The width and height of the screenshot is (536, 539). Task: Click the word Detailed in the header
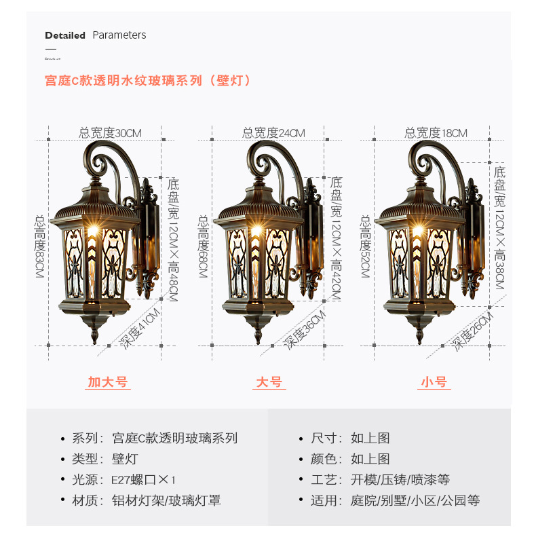tap(65, 35)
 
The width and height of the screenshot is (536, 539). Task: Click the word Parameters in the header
tap(119, 35)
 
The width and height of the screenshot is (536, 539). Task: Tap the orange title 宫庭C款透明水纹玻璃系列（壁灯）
tap(148, 80)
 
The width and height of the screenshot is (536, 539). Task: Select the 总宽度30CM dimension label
tap(110, 133)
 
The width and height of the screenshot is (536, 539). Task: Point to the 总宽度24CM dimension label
tap(273, 133)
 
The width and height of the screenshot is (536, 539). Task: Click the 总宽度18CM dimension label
tap(436, 133)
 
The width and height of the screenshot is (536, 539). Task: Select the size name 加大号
tap(108, 382)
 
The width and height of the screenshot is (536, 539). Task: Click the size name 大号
tap(269, 382)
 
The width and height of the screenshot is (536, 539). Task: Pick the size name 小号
tap(434, 382)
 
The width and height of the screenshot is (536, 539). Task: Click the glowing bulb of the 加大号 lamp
tap(92, 232)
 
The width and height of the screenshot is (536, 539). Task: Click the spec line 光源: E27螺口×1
tap(123, 479)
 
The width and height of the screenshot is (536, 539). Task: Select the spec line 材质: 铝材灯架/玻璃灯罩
tap(146, 500)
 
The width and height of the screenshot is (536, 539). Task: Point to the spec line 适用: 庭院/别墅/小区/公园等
tap(395, 500)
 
